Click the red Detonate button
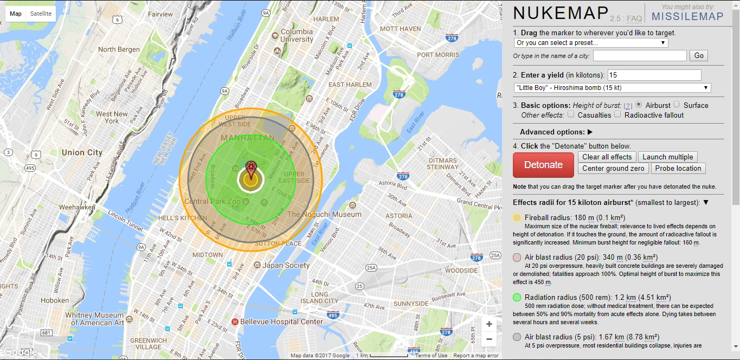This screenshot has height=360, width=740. point(543,165)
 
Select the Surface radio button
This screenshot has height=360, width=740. point(677,105)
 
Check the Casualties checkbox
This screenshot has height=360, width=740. point(571,114)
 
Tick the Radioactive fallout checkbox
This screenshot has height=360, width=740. point(617,114)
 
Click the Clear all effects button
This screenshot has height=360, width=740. point(607,157)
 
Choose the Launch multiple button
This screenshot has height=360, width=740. point(667,157)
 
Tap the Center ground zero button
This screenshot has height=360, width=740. point(613,169)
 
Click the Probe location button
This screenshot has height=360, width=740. point(678,169)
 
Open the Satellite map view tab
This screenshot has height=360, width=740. point(41,14)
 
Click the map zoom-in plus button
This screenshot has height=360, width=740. point(489,324)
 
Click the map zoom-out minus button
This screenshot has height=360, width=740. point(489,339)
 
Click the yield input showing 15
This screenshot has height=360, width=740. point(654,75)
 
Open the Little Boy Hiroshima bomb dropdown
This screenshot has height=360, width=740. point(612,88)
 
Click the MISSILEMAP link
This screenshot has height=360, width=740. point(687,16)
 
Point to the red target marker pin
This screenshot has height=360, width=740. point(250,168)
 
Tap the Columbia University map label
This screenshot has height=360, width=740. point(297,36)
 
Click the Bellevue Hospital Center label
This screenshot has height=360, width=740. point(281,322)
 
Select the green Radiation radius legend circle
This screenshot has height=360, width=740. point(517,297)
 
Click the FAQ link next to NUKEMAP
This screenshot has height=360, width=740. point(634,18)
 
